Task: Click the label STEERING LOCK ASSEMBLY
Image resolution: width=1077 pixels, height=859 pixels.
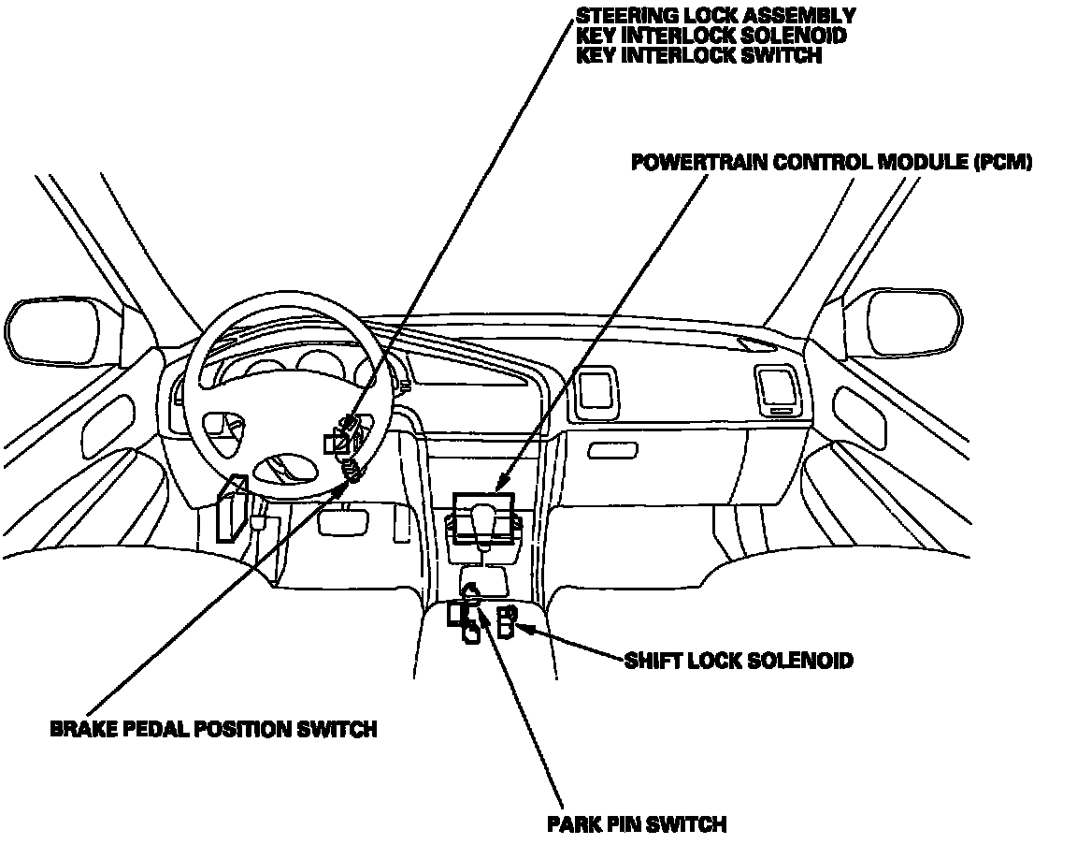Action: coord(715,16)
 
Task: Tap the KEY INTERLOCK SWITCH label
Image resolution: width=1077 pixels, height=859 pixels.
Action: coord(698,55)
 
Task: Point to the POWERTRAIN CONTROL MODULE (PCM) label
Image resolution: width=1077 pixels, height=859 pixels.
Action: coord(831,162)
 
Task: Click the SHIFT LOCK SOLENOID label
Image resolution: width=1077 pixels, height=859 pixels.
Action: coord(739,661)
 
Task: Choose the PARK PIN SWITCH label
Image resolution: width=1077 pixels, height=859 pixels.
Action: coord(637,824)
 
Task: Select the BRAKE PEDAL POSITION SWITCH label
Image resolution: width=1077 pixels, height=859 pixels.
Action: coord(213,729)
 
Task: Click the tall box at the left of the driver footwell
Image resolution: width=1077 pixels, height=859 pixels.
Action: coord(229,507)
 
